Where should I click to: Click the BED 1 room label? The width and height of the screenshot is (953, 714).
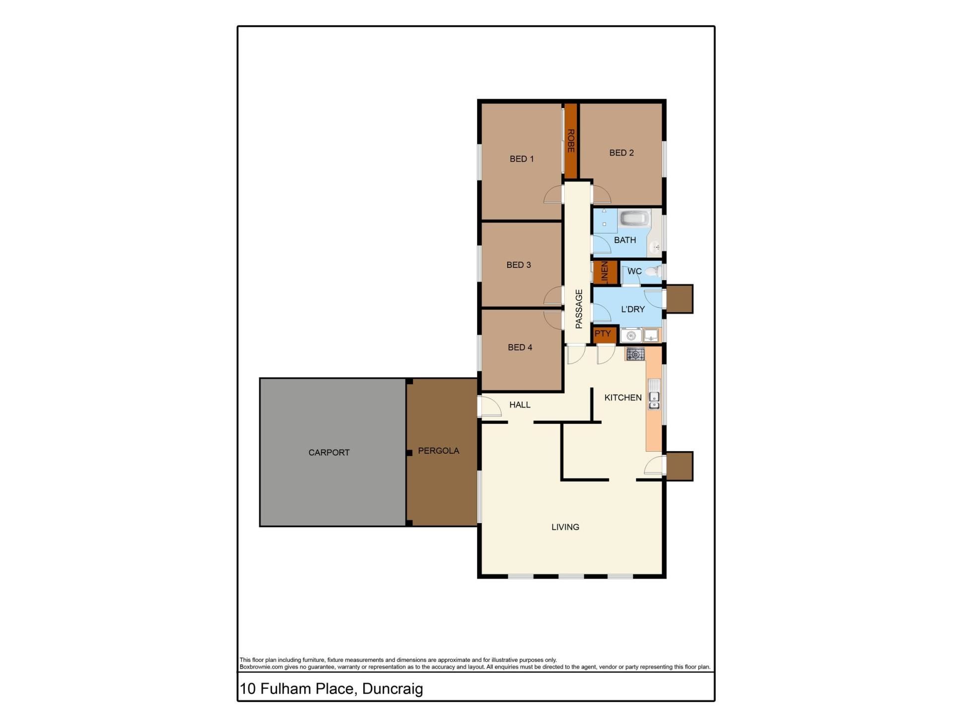522,159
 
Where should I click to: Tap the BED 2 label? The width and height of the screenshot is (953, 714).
621,153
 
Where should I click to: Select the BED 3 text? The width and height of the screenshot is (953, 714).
519,265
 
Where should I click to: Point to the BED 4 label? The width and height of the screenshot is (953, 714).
520,347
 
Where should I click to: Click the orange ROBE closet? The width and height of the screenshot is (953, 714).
571,141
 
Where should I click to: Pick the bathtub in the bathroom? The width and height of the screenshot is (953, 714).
634,218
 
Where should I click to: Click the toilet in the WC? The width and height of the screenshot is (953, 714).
654,271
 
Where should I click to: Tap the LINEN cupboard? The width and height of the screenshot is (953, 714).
605,272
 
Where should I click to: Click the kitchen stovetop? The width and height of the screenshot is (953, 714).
635,354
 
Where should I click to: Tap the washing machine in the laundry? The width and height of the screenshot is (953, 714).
630,336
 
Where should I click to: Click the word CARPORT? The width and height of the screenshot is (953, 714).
329,452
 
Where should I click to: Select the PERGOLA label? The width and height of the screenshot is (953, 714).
438,451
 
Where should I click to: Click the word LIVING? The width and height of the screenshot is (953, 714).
565,527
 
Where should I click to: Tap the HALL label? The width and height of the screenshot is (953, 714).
520,405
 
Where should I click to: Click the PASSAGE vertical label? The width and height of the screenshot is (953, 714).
579,309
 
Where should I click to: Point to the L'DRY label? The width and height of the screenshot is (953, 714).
633,309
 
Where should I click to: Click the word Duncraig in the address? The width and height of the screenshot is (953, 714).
392,689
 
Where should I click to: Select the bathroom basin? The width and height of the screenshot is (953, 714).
655,246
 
